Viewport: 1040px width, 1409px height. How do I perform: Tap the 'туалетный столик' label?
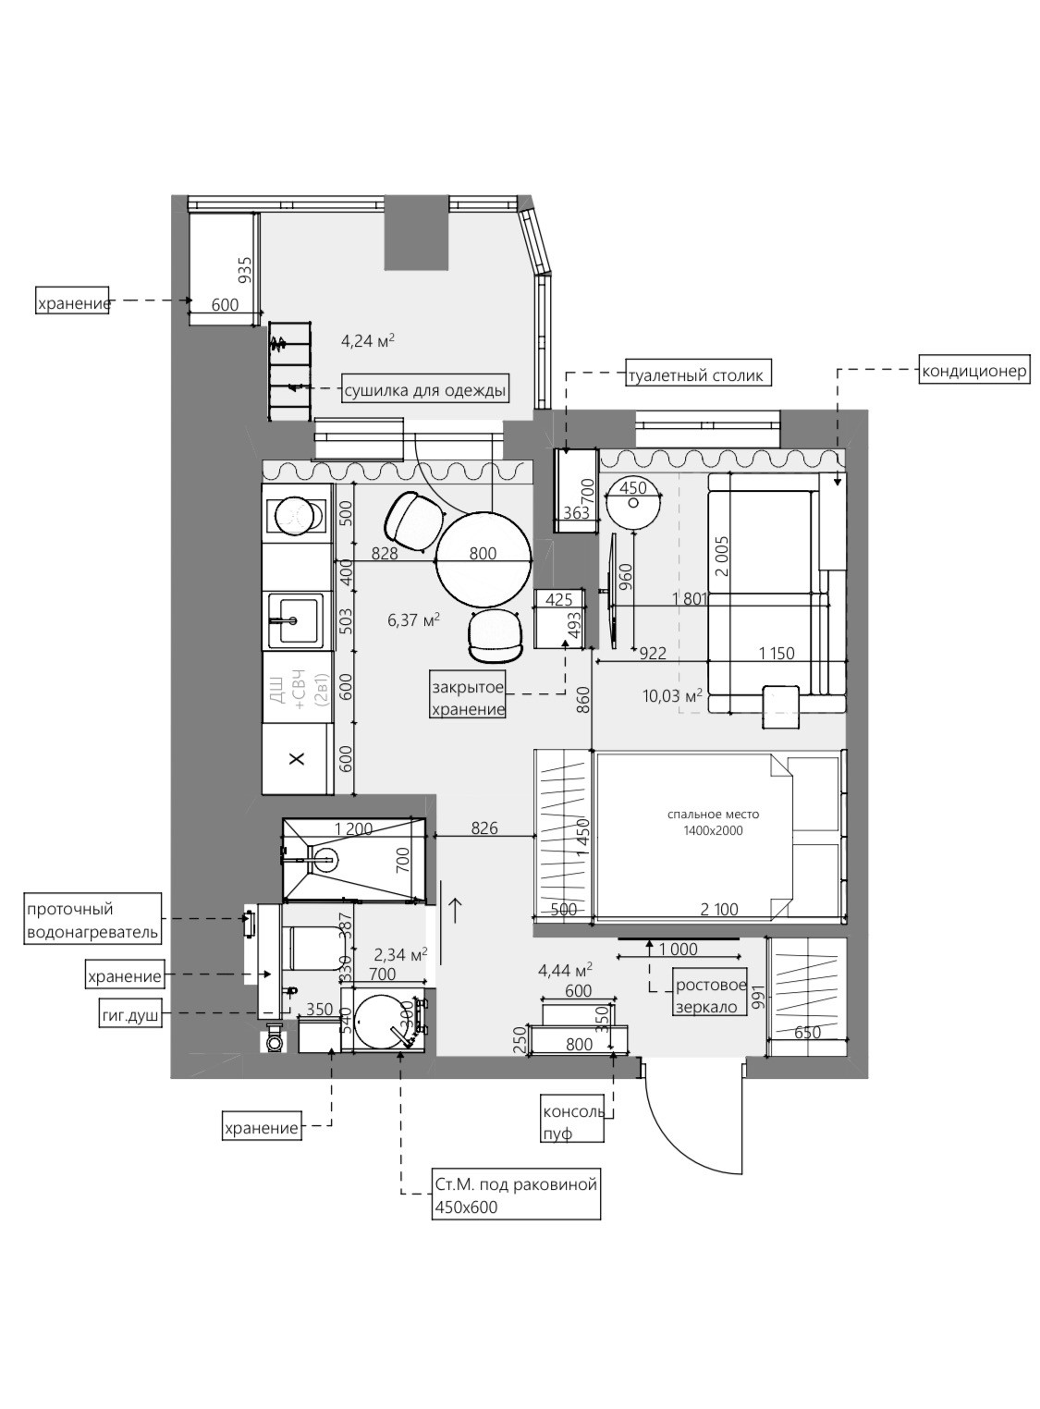pyautogui.click(x=697, y=375)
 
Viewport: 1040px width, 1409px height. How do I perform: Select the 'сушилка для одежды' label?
pyautogui.click(x=425, y=390)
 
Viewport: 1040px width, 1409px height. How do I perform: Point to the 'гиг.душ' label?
pyautogui.click(x=130, y=1015)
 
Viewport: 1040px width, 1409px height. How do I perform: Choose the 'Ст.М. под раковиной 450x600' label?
pyautogui.click(x=516, y=1195)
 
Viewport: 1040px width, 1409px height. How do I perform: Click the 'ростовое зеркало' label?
pyautogui.click(x=711, y=996)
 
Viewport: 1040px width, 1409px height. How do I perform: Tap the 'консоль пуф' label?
pyautogui.click(x=573, y=1121)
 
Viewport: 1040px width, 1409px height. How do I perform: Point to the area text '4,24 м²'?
pyautogui.click(x=368, y=340)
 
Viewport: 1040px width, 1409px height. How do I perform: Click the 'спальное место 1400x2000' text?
pyautogui.click(x=713, y=822)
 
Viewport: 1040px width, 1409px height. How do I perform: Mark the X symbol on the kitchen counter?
pyautogui.click(x=297, y=759)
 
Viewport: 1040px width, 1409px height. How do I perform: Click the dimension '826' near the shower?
pyautogui.click(x=483, y=828)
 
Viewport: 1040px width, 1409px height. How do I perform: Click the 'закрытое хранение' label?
pyautogui.click(x=469, y=698)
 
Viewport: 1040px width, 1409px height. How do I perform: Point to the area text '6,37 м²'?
pyautogui.click(x=413, y=620)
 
